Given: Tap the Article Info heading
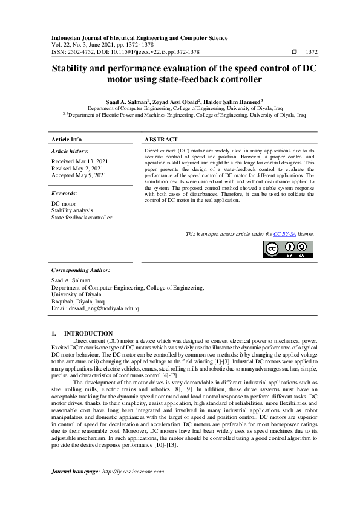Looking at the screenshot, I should coord(67,139).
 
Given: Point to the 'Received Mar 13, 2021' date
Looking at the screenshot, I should coord(80,161).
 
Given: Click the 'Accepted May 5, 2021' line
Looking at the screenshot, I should coord(79,175).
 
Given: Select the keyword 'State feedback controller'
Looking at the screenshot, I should coord(82,218).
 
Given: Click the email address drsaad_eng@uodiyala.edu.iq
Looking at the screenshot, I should coord(95,308).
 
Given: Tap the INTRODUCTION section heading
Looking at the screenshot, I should coord(88,333).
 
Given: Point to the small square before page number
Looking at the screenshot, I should coord(294,52).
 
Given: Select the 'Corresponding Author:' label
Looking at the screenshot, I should coord(80,270).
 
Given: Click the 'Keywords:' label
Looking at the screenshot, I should coord(65,193).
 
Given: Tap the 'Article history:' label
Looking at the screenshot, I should coord(70,151).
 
